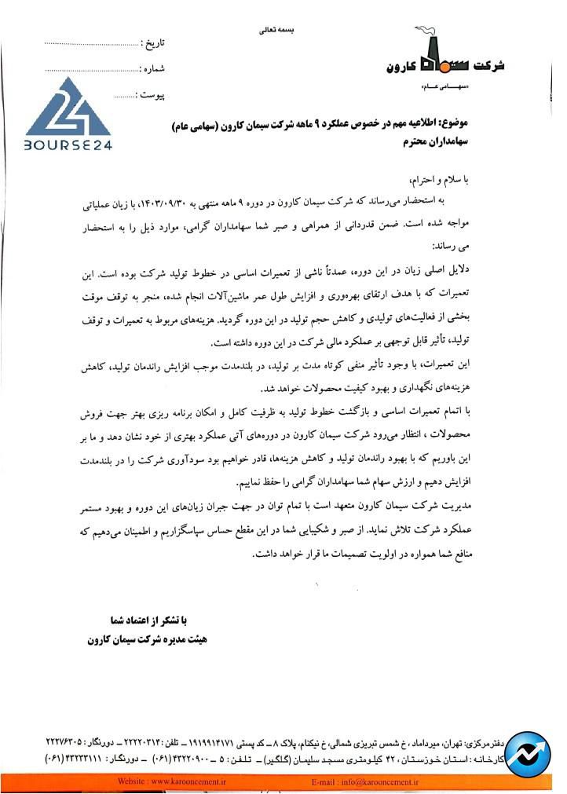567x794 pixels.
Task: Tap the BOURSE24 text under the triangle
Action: (x=68, y=145)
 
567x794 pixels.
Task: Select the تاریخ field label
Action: (x=153, y=42)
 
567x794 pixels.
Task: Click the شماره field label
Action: (x=152, y=68)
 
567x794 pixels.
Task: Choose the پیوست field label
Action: (x=150, y=95)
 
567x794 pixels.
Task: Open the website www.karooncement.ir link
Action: (x=171, y=782)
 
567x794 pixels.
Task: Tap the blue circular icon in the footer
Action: (x=528, y=754)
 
